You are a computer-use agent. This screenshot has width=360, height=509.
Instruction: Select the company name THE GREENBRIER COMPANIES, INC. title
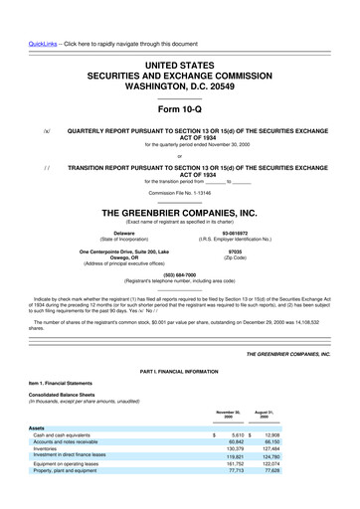point(180,213)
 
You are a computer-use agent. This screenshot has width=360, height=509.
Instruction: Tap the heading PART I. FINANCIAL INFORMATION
point(180,373)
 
